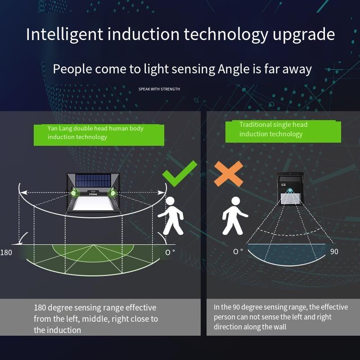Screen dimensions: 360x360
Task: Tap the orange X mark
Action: tap(229, 174)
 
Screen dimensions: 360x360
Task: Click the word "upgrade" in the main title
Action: tap(304, 35)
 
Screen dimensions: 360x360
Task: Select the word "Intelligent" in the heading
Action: tap(64, 35)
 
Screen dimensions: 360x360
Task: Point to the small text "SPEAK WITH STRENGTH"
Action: tap(159, 89)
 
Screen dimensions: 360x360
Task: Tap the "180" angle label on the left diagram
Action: tap(6, 252)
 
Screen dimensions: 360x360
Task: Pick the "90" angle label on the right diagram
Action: tap(334, 252)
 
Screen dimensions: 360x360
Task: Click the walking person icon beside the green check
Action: tap(171, 216)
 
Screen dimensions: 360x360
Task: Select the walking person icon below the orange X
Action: tap(235, 216)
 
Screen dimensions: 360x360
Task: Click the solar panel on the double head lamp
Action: tap(93, 181)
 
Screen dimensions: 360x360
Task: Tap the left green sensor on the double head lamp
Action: tap(73, 193)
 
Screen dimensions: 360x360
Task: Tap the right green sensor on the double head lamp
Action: tap(113, 193)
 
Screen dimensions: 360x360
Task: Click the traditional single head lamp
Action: tap(290, 189)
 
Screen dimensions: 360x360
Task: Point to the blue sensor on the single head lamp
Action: tap(290, 190)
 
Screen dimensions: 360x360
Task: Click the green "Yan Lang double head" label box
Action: tap(99, 135)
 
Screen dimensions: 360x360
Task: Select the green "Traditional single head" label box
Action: tap(283, 131)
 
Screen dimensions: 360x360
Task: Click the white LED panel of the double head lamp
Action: tap(93, 203)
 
